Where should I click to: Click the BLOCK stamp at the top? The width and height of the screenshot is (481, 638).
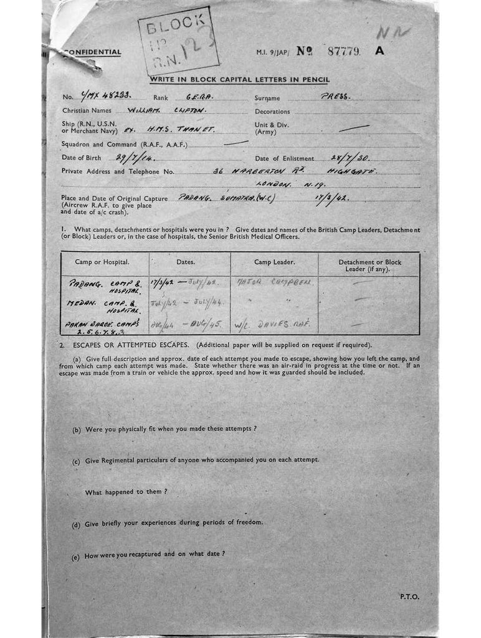coord(179,40)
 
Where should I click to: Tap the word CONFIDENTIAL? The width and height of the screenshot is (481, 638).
coord(93,52)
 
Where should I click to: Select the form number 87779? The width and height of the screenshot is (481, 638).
coord(343,51)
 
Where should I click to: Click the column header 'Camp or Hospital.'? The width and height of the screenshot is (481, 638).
coord(102,262)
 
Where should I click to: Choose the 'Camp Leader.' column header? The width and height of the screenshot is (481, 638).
coord(274,262)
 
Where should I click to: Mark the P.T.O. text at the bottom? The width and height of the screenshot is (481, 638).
coord(409,596)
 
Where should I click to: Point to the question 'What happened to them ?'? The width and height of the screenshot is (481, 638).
coord(126,492)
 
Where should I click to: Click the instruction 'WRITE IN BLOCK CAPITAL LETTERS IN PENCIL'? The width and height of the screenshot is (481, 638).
coord(239,79)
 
